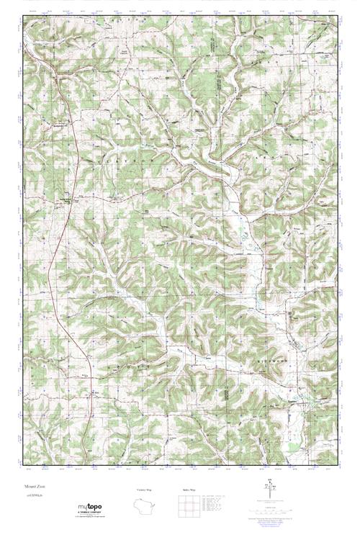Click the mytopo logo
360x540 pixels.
coord(84,507)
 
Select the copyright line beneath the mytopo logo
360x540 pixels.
coord(85,518)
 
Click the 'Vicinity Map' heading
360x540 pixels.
coord(144,491)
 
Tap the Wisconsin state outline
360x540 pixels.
coord(144,507)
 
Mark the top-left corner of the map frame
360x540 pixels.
coord(22,16)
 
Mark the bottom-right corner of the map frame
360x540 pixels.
coord(338,464)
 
